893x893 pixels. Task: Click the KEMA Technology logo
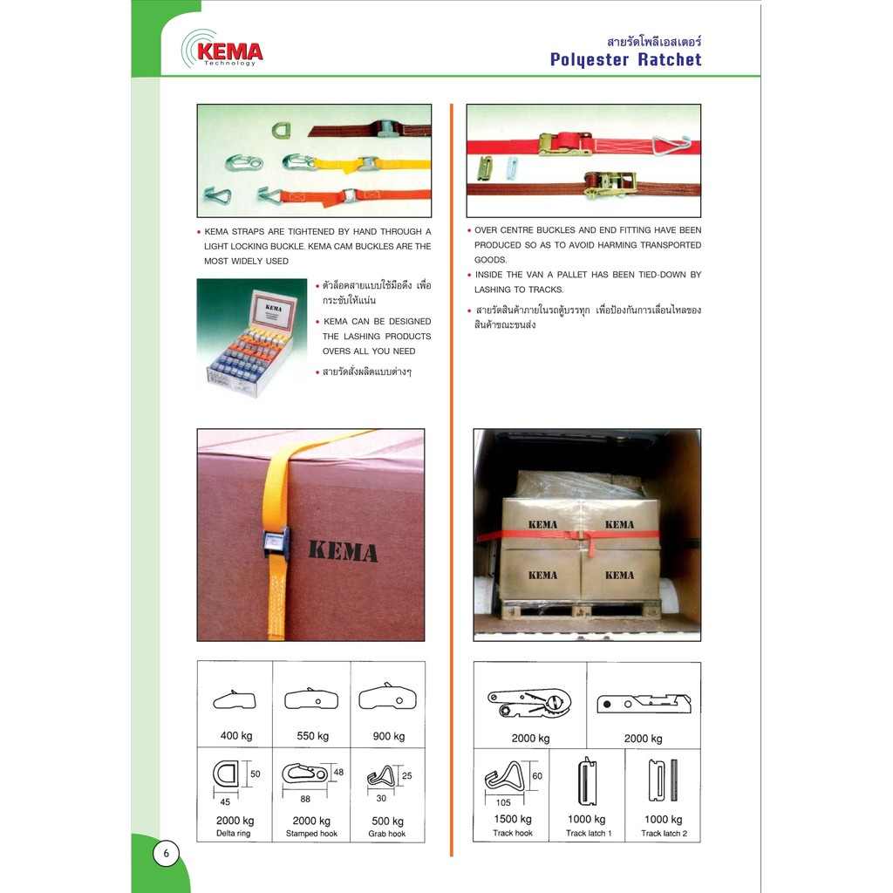click(x=222, y=49)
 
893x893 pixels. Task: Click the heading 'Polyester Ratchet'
click(x=625, y=60)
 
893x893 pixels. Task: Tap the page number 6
click(x=167, y=853)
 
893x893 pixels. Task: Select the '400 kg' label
click(x=236, y=735)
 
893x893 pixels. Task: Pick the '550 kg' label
click(x=313, y=736)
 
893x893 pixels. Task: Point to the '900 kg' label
click(x=389, y=736)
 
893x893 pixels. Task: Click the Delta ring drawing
click(x=228, y=774)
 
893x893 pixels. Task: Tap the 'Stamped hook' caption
click(x=311, y=833)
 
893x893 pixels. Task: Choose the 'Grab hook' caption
click(x=387, y=834)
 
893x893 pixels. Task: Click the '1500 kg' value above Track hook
click(x=513, y=819)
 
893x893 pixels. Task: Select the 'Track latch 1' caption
click(x=589, y=833)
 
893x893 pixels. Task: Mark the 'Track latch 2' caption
click(x=664, y=833)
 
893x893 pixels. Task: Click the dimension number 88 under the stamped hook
click(x=305, y=799)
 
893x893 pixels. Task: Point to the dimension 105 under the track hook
click(x=503, y=802)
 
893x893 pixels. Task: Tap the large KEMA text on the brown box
click(x=344, y=551)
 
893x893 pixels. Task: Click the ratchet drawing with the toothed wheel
click(x=529, y=704)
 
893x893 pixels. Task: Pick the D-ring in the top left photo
click(x=280, y=131)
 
